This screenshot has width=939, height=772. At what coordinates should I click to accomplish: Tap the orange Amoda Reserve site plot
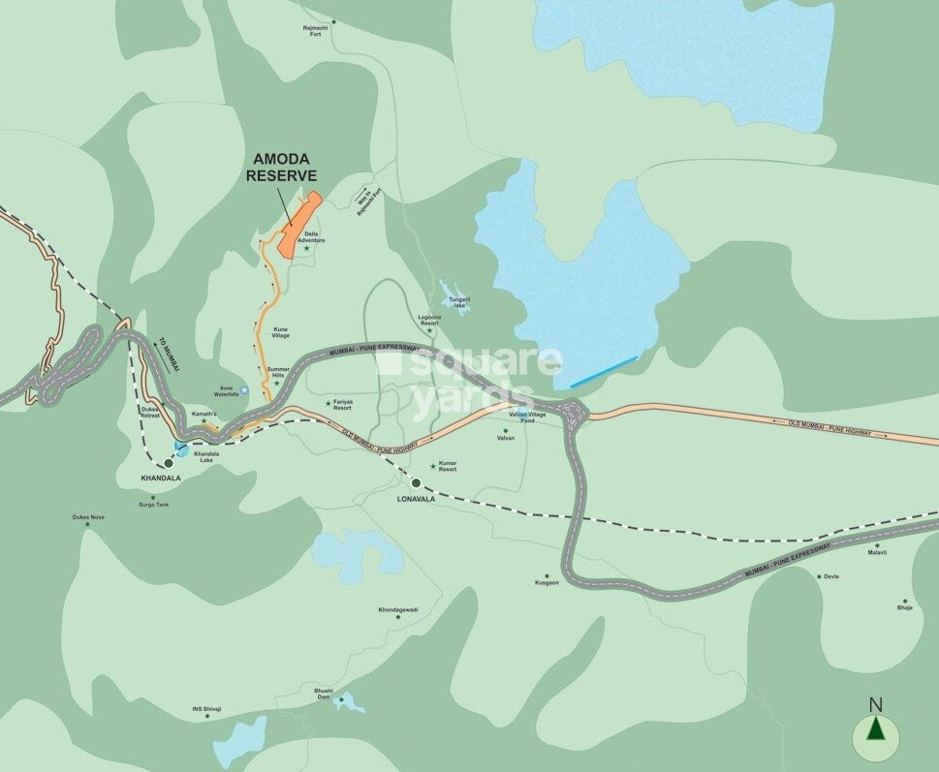[x=299, y=226]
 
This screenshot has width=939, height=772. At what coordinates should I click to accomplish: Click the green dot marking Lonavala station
[x=416, y=482]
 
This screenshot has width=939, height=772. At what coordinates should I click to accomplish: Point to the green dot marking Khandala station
[x=168, y=464]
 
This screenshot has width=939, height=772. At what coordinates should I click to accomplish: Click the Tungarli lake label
[x=459, y=302]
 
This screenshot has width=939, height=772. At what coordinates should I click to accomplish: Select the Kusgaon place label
[x=548, y=583]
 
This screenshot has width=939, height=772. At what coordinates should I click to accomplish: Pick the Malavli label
[x=877, y=552]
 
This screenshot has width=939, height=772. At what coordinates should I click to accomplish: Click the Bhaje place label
[x=904, y=607]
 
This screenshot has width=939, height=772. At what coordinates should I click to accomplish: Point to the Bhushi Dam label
[x=323, y=694]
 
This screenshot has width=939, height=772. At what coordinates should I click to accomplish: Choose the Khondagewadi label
[x=398, y=610]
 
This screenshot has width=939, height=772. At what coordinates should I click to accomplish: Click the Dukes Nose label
[x=88, y=517]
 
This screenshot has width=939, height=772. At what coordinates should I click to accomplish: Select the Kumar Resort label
[x=447, y=467]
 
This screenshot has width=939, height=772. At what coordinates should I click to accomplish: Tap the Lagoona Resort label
[x=429, y=320]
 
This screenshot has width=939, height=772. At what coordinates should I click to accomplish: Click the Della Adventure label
[x=314, y=236]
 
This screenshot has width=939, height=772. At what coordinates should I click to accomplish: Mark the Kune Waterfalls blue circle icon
[x=244, y=389]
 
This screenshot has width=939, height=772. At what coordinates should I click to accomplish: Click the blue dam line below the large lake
[x=603, y=372]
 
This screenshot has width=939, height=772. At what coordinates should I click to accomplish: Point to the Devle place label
[x=830, y=576]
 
